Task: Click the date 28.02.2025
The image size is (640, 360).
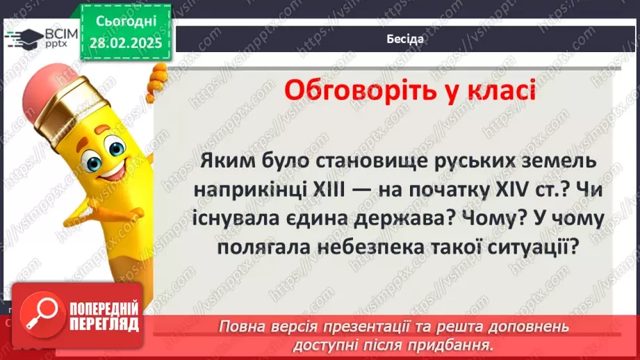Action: pos(126,44)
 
